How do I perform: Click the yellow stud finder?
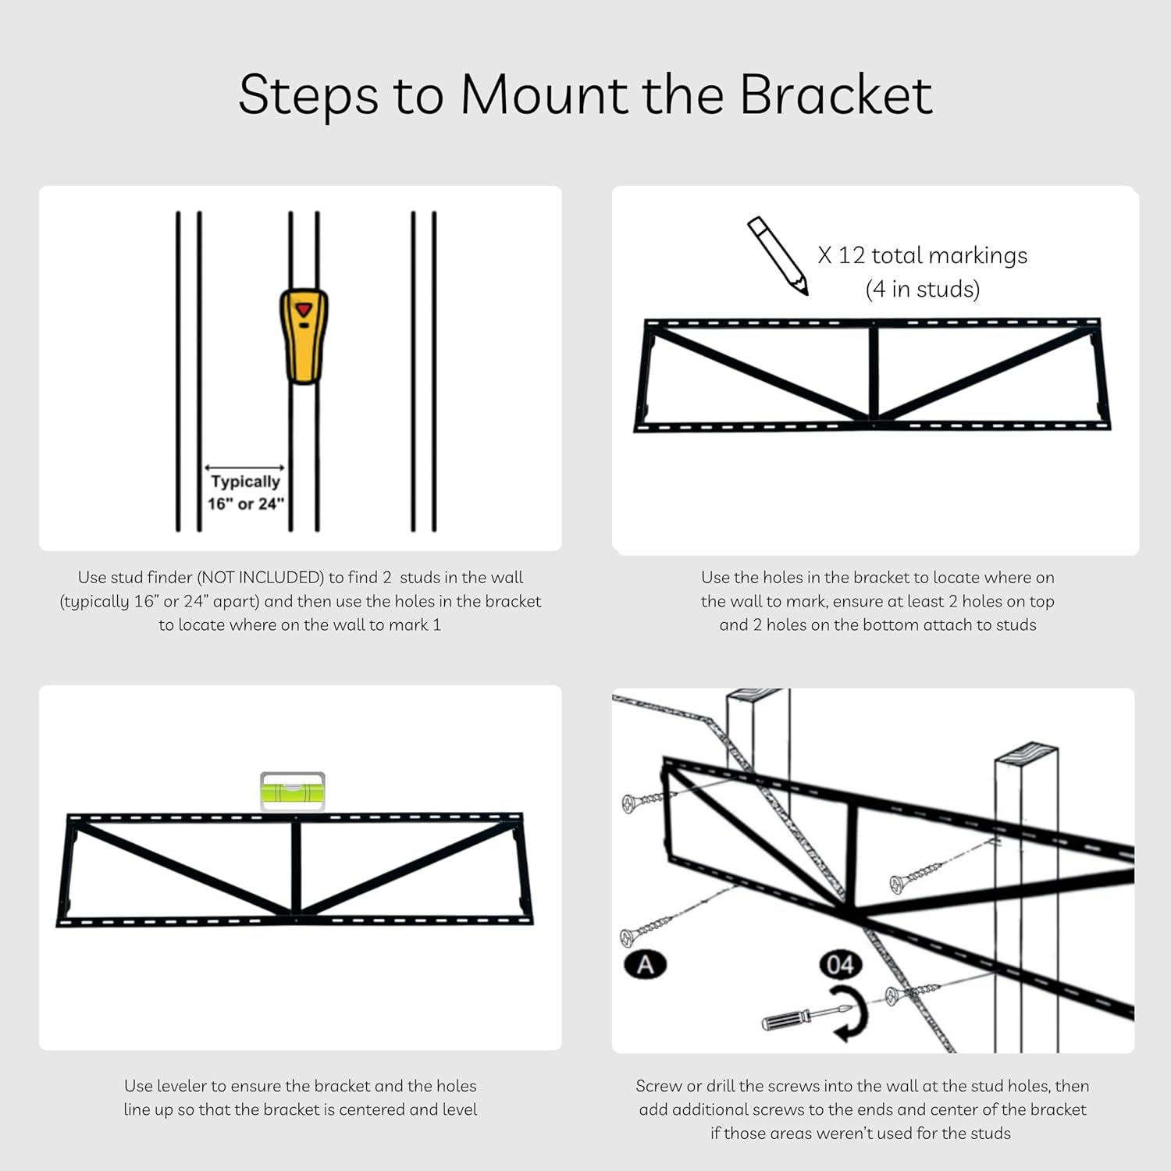coord(304,336)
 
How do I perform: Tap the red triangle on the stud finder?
coord(304,310)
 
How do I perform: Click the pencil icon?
coord(778,255)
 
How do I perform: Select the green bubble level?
coord(292,791)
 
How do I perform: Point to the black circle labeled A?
coord(645,965)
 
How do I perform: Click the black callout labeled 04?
coord(840,965)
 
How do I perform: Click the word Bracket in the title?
coord(835,95)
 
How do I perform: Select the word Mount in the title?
coord(546,95)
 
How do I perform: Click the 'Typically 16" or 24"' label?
coord(245,493)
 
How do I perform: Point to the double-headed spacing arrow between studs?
coord(244,468)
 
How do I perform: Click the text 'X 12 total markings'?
coord(922,255)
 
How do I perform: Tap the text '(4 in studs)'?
coord(922,290)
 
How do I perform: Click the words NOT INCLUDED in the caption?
coord(260,578)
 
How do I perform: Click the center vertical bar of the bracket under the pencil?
coord(874,373)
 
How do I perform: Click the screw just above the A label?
coord(646,928)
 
